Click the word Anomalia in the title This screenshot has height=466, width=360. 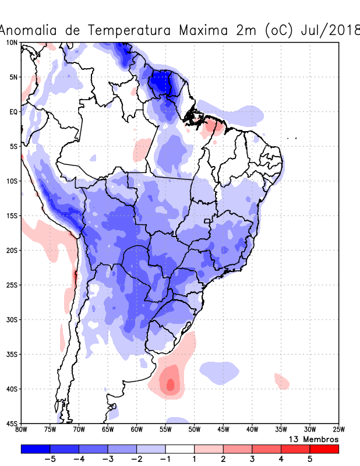tap(31, 30)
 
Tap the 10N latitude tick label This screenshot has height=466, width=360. tap(12, 43)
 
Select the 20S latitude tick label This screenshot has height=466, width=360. tap(12, 250)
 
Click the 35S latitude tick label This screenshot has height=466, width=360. tap(12, 354)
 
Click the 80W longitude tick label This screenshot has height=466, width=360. tap(22, 430)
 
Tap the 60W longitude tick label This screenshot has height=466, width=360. tap(137, 430)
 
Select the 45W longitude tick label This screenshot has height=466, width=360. tap(223, 430)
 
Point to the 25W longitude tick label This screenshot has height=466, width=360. tap(338, 430)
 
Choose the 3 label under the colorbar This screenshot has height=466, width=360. tap(252, 459)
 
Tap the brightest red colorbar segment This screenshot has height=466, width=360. tap(324, 449)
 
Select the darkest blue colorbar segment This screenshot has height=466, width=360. tap(35, 449)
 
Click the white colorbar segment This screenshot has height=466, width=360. tap(180, 449)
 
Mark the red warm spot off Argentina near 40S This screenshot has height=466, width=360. tap(170, 384)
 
